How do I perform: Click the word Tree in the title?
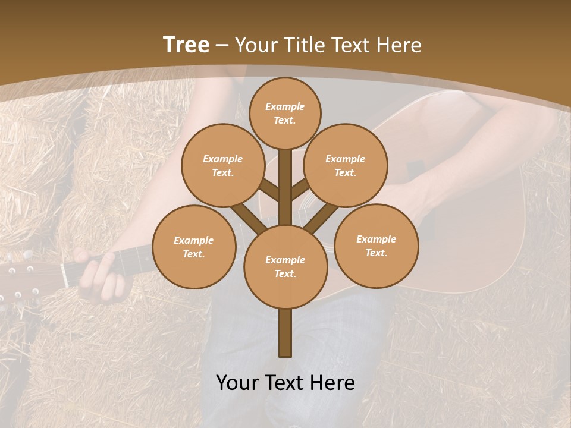[x=186, y=45]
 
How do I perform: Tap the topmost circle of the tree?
[x=285, y=113]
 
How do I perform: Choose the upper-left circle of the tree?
[x=222, y=165]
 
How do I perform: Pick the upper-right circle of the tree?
[x=345, y=165]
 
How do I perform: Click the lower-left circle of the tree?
[x=194, y=247]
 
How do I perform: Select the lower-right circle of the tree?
[x=376, y=246]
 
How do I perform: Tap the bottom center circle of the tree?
[x=285, y=266]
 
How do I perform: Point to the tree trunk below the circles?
[x=285, y=333]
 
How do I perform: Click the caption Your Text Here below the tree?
[x=285, y=382]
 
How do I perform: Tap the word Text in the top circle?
[x=284, y=120]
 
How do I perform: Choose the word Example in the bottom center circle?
[x=285, y=260]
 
